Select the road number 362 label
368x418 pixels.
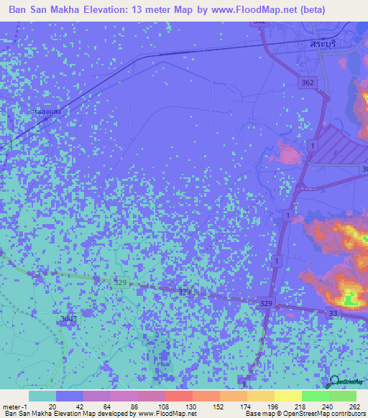click(308, 83)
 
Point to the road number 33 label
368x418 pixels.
click(332, 313)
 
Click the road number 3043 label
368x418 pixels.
click(70, 318)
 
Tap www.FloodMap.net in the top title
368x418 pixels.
click(253, 10)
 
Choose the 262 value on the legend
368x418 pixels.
click(356, 405)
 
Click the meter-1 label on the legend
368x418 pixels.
click(16, 405)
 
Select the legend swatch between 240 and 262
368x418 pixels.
click(342, 396)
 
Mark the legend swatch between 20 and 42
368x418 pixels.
click(70, 396)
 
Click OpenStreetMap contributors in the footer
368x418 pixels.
click(331, 414)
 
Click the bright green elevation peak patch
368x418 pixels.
click(350, 297)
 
